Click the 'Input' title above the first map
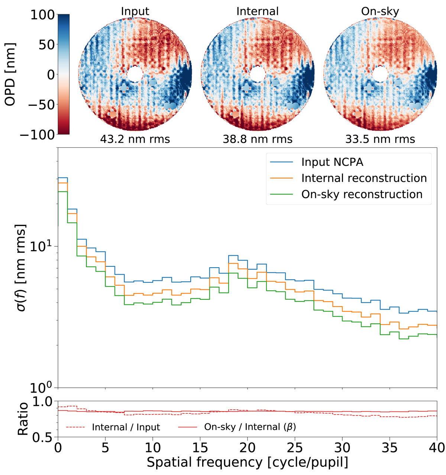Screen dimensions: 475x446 click(135, 11)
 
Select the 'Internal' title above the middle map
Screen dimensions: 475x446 click(257, 11)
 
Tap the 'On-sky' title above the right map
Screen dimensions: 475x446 click(380, 11)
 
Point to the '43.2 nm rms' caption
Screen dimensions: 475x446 click(135, 139)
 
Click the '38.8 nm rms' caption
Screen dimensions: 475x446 click(258, 139)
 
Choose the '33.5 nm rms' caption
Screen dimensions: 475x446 click(380, 139)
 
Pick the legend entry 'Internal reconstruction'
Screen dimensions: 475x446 click(364, 178)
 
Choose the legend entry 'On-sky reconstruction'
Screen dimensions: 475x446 click(362, 194)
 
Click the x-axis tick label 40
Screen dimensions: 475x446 click(436, 448)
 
